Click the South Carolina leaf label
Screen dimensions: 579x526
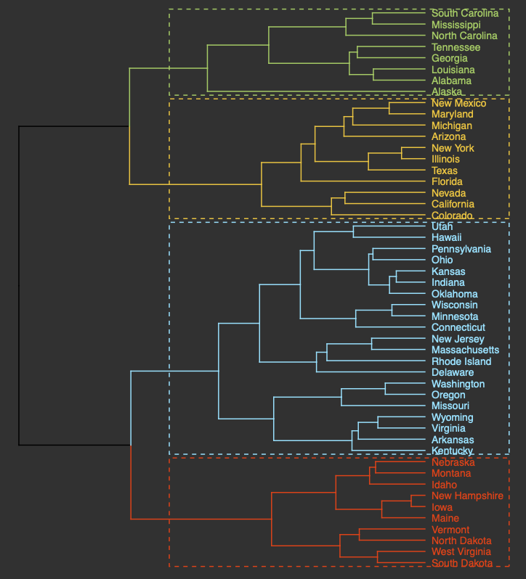[464, 13]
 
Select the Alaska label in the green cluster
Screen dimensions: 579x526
[446, 92]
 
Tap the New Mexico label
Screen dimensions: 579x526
[458, 103]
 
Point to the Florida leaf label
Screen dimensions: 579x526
[447, 181]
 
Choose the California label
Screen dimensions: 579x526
[453, 204]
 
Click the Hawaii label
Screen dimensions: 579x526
[446, 237]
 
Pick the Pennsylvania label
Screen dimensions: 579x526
[461, 249]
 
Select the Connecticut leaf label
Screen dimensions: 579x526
[458, 327]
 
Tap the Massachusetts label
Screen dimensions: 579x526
[465, 350]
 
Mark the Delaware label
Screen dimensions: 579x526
[452, 372]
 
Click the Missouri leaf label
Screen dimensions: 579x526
[450, 406]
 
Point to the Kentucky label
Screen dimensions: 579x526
[452, 451]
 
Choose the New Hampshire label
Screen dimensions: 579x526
[467, 496]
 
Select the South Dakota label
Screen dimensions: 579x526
[461, 563]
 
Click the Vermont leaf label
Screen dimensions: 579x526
[450, 530]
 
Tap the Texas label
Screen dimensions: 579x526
[444, 171]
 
